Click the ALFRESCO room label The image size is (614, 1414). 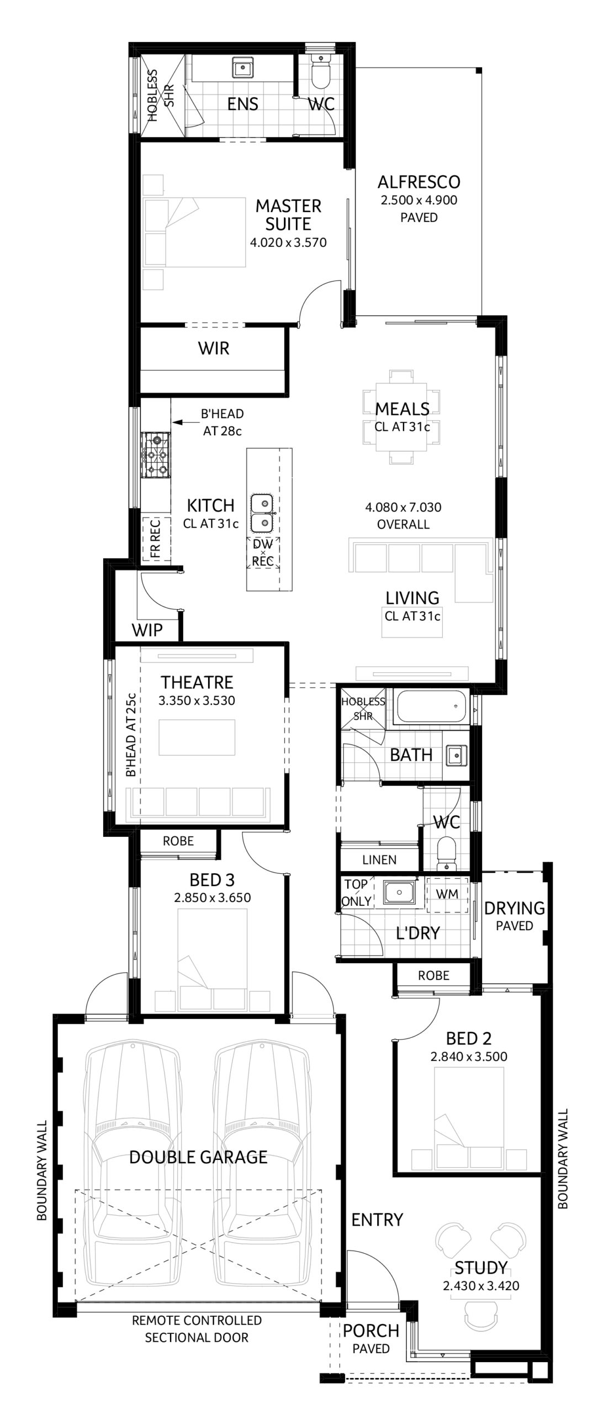click(419, 182)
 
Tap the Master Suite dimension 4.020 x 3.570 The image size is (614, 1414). click(288, 242)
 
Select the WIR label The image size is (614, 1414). click(214, 348)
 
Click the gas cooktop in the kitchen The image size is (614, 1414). click(157, 455)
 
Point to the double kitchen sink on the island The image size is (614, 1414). click(262, 512)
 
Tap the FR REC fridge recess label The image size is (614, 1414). click(155, 538)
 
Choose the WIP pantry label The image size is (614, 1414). click(147, 630)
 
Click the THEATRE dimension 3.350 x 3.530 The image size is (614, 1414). click(197, 701)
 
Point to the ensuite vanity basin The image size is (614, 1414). click(242, 68)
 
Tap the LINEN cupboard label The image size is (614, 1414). click(379, 859)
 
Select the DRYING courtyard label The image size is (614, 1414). click(514, 908)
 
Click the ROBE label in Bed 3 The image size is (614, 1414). click(178, 841)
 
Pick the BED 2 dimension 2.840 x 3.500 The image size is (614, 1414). click(469, 1057)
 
